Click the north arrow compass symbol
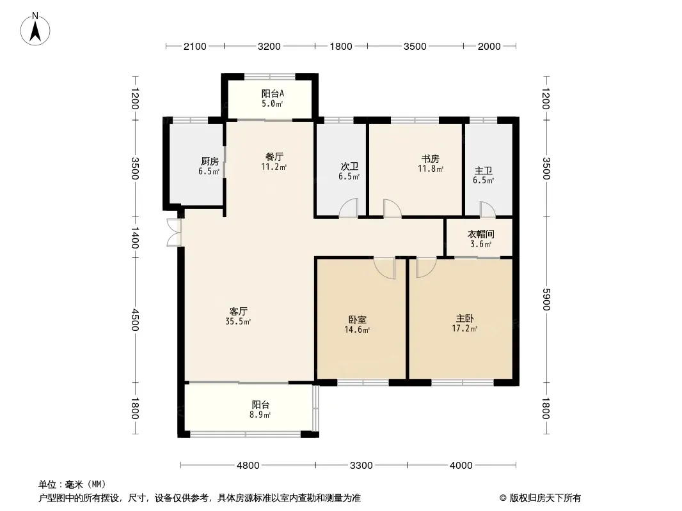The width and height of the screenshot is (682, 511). click(x=35, y=29)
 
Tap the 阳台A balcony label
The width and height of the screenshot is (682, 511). click(x=273, y=98)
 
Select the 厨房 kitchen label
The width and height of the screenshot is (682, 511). click(x=209, y=166)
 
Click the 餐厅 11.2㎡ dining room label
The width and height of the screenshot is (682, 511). click(x=274, y=162)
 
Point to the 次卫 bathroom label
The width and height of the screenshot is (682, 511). click(x=349, y=171)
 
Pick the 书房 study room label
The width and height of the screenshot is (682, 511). click(x=431, y=164)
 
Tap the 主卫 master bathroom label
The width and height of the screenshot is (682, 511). click(x=483, y=176)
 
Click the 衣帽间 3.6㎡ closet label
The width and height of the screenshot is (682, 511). click(x=480, y=240)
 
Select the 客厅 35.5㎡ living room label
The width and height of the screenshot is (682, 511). click(x=239, y=316)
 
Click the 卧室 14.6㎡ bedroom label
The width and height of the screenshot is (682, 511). click(x=357, y=324)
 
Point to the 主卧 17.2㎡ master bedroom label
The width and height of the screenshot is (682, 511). click(x=464, y=323)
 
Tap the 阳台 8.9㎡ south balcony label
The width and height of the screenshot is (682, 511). click(x=260, y=409)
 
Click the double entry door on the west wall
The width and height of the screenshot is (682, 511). click(x=173, y=233)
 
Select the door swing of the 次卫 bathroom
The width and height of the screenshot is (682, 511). click(x=349, y=208)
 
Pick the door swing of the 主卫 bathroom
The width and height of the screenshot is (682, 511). click(x=487, y=210)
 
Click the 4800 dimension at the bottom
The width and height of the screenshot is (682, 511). click(x=248, y=466)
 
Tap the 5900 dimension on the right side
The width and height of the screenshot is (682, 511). click(x=546, y=300)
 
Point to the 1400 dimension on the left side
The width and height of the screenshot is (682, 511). click(x=135, y=238)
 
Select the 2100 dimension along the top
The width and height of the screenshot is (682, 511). click(x=195, y=47)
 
